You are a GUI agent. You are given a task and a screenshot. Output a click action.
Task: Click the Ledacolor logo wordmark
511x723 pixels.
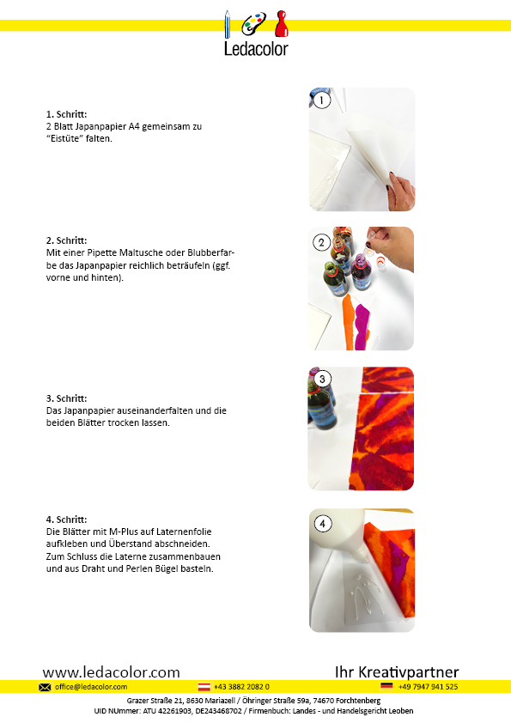[256, 49]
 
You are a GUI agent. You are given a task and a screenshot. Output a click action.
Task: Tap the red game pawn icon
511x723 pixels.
[282, 24]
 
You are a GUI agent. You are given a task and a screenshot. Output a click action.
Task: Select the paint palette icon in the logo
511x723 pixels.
[253, 23]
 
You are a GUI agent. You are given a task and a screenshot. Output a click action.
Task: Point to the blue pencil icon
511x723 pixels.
[228, 24]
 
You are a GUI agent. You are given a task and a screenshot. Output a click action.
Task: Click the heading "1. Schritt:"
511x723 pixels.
[66, 114]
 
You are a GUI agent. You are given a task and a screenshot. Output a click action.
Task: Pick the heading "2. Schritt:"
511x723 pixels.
[66, 240]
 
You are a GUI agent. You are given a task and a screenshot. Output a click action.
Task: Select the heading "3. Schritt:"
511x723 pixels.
[66, 398]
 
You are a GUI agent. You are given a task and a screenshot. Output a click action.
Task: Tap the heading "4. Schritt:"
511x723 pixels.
[66, 519]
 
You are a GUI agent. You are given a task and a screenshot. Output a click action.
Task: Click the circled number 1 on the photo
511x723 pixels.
[321, 100]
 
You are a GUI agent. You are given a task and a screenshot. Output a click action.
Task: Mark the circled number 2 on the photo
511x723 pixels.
[321, 242]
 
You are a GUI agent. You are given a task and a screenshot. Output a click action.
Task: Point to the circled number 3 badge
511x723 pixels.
[322, 379]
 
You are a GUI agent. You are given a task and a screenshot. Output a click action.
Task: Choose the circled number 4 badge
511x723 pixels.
[322, 524]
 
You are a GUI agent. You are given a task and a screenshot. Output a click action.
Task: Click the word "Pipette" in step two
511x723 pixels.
[102, 253]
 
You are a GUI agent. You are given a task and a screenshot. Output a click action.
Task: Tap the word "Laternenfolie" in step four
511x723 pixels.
[184, 532]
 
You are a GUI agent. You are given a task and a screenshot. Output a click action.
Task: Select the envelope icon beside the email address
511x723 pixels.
[45, 687]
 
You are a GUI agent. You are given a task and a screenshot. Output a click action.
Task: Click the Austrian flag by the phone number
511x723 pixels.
[204, 687]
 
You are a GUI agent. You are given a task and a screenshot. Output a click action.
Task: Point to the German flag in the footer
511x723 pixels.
[386, 686]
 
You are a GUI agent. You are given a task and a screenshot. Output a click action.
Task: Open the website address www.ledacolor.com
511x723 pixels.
[111, 672]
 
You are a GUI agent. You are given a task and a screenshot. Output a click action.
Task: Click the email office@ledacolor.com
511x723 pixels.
[91, 687]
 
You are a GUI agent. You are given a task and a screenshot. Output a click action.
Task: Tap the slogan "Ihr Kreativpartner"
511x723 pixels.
[397, 672]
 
